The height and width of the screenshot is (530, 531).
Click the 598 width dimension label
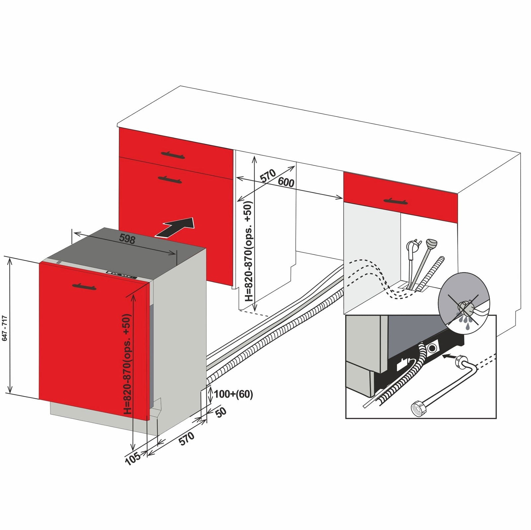127,239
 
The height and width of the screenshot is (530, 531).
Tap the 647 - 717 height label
5,328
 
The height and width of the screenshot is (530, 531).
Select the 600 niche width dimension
286,182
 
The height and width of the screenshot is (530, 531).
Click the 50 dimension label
221,412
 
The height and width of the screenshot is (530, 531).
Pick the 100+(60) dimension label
233,394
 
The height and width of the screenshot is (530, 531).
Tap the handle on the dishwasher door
84,286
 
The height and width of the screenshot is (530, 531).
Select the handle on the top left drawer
173,154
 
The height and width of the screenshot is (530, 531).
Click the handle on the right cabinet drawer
395,201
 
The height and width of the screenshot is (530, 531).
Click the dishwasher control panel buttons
121,275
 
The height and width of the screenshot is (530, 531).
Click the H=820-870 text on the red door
128,364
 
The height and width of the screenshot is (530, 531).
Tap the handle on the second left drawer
170,180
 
